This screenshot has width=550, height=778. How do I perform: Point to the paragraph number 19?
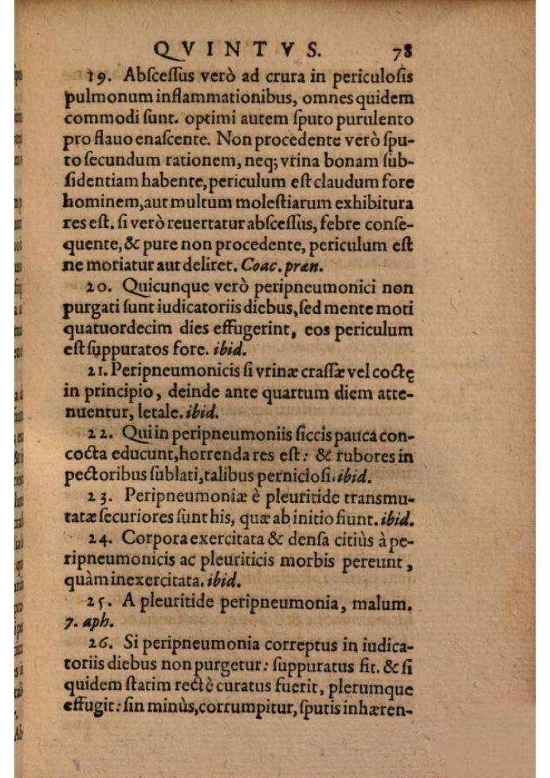tap(100, 77)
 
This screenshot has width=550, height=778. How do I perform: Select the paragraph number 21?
tap(98, 369)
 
